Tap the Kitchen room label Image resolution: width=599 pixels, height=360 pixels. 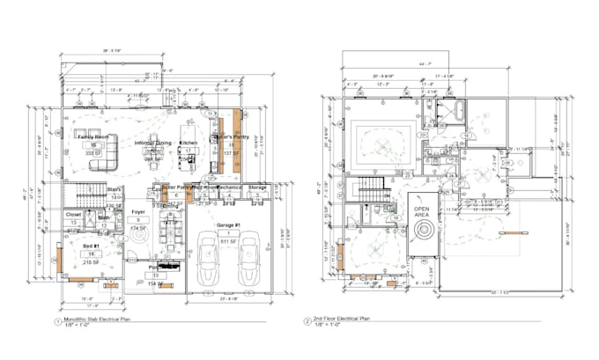click(189, 143)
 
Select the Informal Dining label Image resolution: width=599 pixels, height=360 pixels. click(152, 143)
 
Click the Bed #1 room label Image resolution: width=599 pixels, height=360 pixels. click(90, 246)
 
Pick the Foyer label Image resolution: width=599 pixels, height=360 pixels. click(138, 211)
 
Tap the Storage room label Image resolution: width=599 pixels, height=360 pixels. click(257, 187)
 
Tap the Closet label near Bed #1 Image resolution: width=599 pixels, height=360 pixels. click(74, 214)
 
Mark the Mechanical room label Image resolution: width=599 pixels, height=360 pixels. click(229, 187)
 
